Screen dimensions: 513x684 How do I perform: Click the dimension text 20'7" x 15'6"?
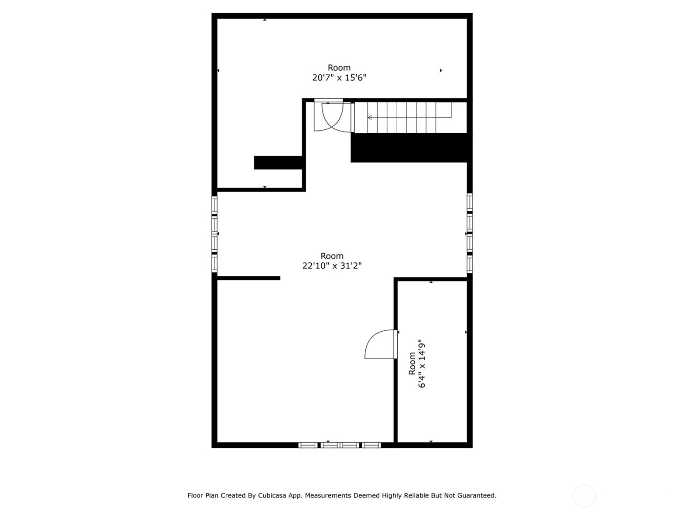[x=339, y=77]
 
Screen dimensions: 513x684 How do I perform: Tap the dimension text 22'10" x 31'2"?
[x=332, y=266]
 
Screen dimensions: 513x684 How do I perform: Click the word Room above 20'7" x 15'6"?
[x=339, y=67]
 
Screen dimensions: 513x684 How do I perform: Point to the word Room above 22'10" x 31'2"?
[x=332, y=256]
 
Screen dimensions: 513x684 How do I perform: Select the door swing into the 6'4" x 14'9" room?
[x=380, y=345]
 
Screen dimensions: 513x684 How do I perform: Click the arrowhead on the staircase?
[x=370, y=117]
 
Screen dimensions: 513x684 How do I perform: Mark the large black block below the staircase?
[x=410, y=148]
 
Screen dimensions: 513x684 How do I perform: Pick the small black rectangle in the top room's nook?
[x=278, y=162]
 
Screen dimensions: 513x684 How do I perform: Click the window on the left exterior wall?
[x=214, y=234]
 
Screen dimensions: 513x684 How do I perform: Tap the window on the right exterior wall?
[x=470, y=232]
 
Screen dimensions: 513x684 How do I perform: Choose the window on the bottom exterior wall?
[x=340, y=445]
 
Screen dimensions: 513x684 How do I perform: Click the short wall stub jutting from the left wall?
[x=248, y=278]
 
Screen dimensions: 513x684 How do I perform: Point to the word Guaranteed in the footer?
[x=476, y=495]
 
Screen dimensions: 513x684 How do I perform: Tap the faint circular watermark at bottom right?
[x=584, y=495]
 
